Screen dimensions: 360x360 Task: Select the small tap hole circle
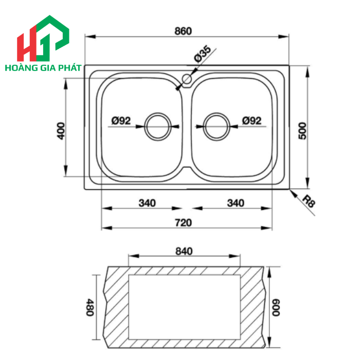tap(186, 80)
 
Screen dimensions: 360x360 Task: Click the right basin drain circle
tap(217, 126)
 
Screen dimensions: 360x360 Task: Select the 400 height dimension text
tap(60, 131)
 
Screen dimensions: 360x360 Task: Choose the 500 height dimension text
tap(302, 131)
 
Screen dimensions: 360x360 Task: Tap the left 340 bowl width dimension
tap(147, 203)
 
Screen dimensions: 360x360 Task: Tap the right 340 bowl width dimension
tap(236, 203)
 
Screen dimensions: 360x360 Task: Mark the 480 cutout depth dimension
tap(89, 308)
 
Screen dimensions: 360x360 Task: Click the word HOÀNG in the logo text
tap(20, 68)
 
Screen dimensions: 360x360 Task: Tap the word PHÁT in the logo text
tap(70, 68)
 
